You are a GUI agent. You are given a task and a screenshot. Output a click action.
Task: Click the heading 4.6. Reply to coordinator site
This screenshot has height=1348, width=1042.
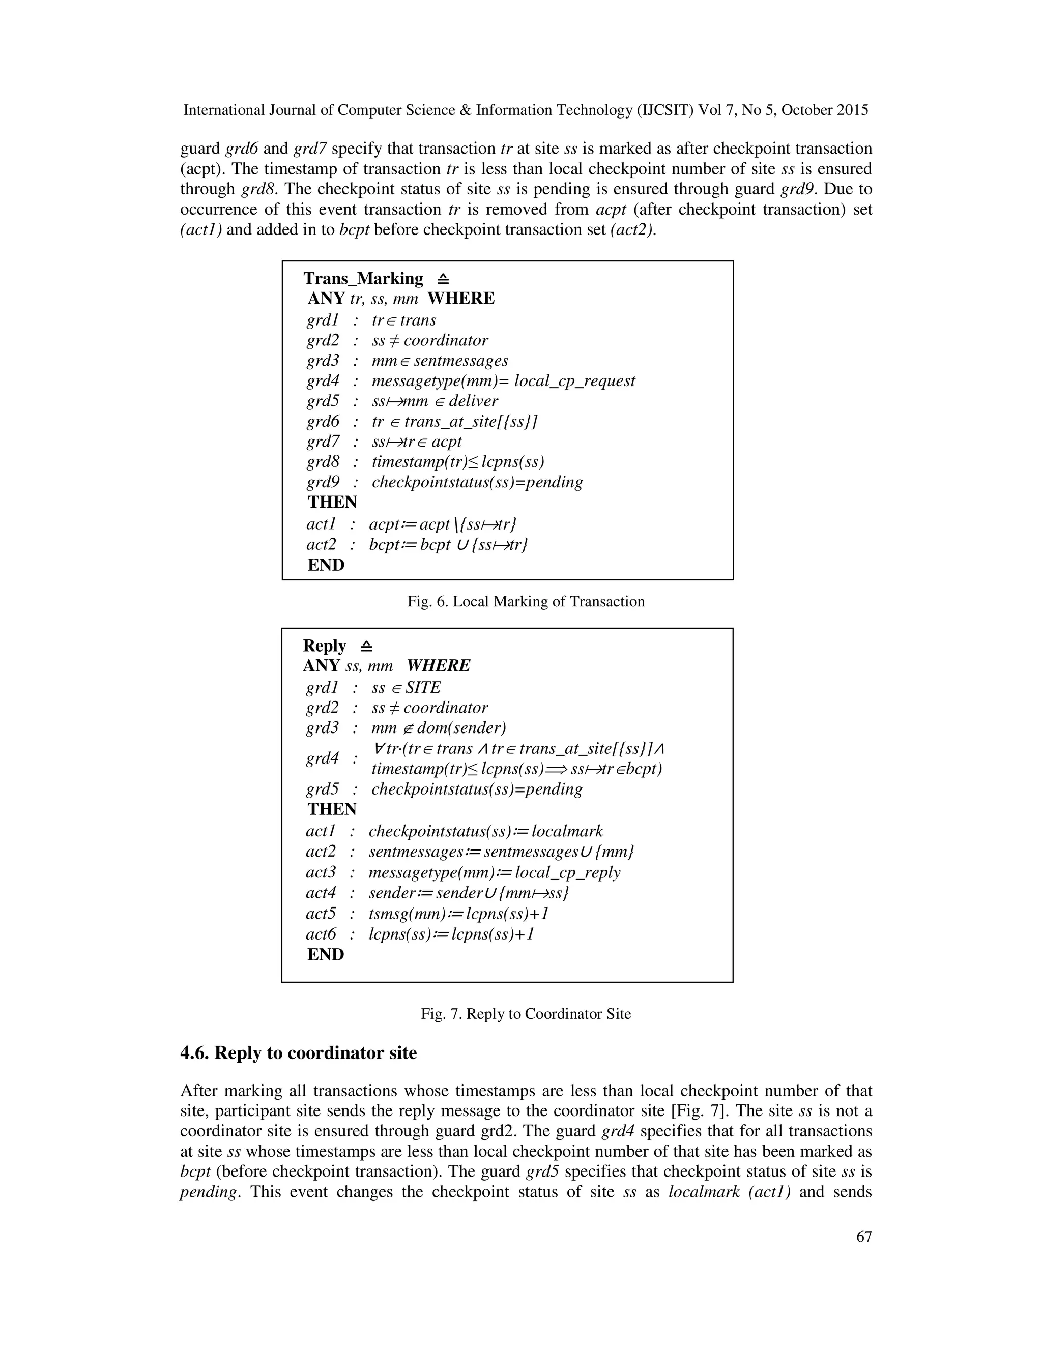[x=298, y=1052]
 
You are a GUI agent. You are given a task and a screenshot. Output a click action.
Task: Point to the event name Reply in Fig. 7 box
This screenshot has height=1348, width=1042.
[x=324, y=646]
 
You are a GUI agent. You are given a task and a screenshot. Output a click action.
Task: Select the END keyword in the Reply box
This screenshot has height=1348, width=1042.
[x=325, y=954]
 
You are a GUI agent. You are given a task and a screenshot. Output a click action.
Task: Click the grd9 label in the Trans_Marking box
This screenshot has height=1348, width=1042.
[x=323, y=482]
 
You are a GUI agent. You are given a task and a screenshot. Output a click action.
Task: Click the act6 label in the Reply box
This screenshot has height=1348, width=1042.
[x=321, y=934]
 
